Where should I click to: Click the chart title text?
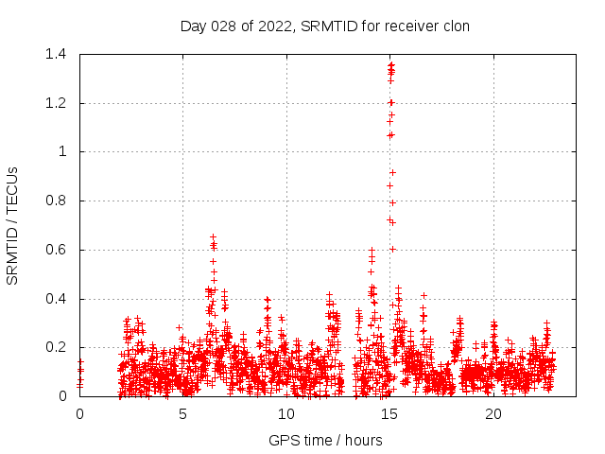coord(324,26)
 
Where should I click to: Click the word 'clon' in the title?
coord(454,26)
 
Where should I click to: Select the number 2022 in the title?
coord(275,26)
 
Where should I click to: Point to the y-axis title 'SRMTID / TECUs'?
coord(12,225)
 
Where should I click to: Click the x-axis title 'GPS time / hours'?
coord(324,440)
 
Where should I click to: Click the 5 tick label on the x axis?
coord(183,414)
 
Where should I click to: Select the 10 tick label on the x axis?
coord(286,414)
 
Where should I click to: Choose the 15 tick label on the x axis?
coord(390,414)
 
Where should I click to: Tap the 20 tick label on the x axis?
coord(493,414)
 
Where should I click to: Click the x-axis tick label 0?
coord(79,414)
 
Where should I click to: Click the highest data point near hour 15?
coord(391,64)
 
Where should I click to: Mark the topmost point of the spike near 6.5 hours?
coord(214,237)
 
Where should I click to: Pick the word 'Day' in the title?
coord(193,26)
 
